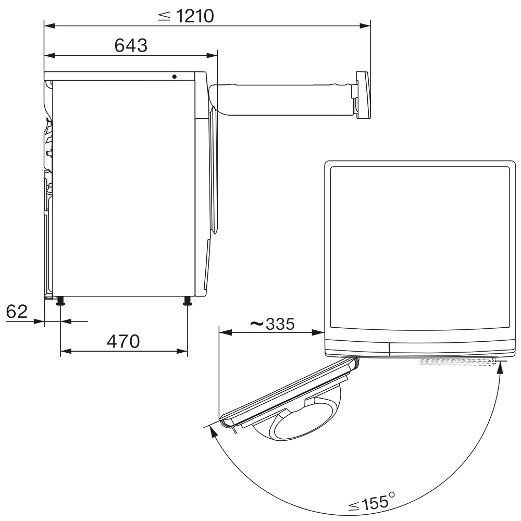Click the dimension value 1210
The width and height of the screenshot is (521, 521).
[195, 16]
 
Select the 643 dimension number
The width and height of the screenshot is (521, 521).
[131, 45]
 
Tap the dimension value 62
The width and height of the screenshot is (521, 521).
[17, 312]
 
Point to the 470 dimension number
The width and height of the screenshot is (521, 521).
[123, 341]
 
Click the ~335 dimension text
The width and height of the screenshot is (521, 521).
[272, 324]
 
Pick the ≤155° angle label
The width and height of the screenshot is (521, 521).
[371, 502]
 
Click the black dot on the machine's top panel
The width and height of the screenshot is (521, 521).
[175, 77]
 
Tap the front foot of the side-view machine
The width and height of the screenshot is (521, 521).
[188, 301]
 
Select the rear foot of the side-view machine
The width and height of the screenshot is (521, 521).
[60, 301]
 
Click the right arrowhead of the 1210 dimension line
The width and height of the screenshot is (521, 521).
[365, 26]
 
